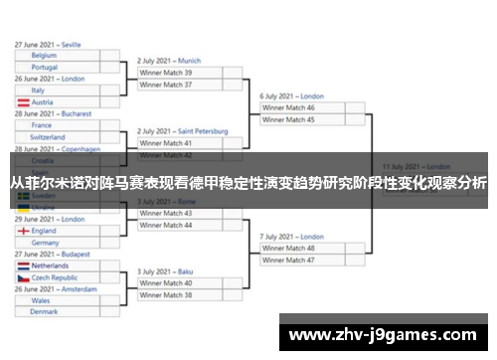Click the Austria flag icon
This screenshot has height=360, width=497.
[22, 102]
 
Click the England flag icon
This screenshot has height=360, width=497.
[22, 231]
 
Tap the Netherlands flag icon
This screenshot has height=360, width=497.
[22, 267]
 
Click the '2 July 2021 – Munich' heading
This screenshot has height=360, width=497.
[169, 61]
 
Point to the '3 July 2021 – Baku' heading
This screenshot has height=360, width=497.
[165, 271]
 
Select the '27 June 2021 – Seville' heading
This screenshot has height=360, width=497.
[48, 45]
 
